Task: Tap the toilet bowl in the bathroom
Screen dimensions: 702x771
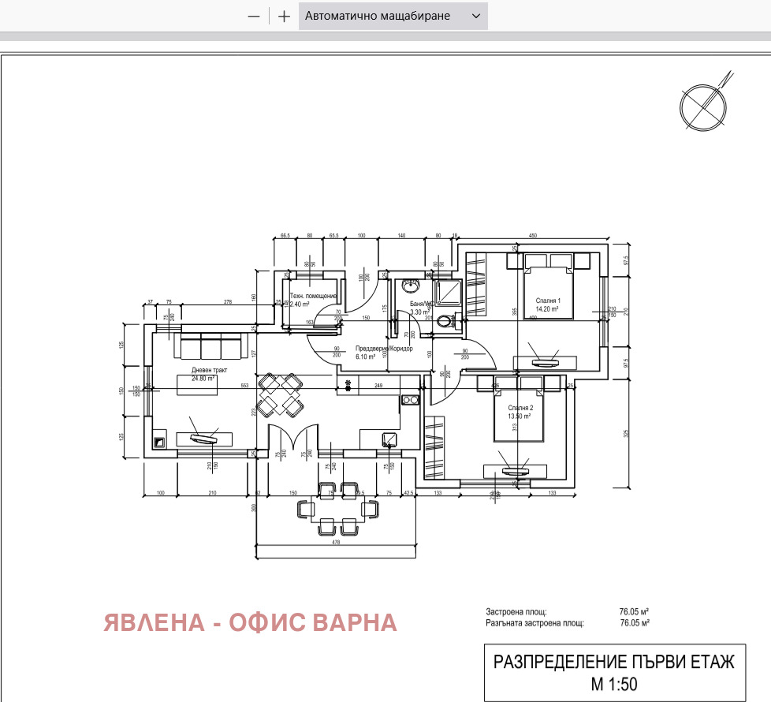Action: click(447, 321)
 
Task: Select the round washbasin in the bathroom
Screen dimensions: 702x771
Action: click(410, 286)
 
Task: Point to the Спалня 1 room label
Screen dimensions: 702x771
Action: click(548, 301)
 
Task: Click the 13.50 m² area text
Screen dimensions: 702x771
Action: click(521, 416)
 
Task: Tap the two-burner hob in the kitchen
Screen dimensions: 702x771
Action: click(409, 400)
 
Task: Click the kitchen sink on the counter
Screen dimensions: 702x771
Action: click(390, 439)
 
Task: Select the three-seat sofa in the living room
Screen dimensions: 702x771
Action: click(210, 347)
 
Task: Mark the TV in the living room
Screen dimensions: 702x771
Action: click(203, 439)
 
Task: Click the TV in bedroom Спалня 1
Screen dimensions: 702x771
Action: click(544, 363)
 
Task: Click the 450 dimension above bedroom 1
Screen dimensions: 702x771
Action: click(532, 235)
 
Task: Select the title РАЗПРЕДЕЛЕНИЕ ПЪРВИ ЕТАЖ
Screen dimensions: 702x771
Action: click(613, 662)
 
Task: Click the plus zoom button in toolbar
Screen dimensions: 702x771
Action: click(284, 16)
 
